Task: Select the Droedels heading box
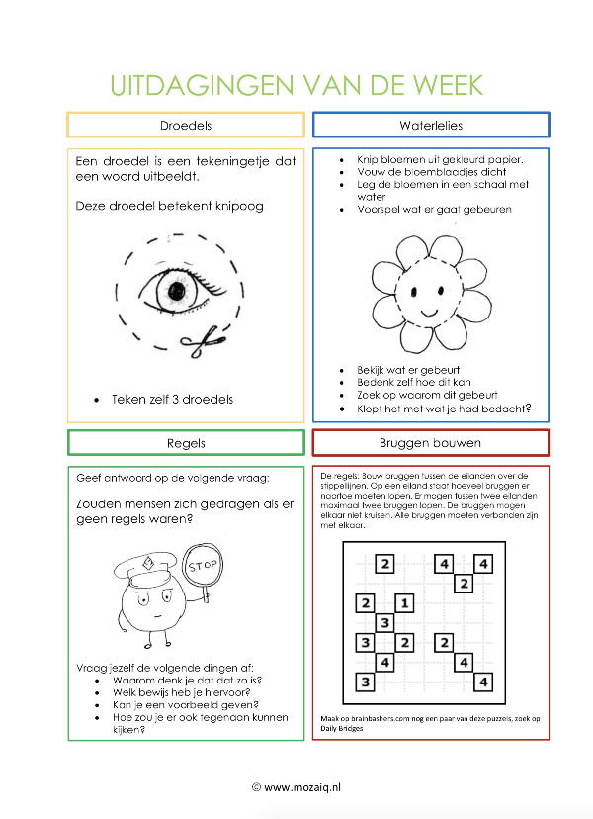click(x=186, y=125)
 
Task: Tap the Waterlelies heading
click(x=431, y=125)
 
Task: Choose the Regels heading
click(x=186, y=443)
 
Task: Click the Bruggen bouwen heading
click(x=430, y=443)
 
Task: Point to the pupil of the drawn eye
click(x=177, y=291)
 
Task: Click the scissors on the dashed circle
click(x=203, y=341)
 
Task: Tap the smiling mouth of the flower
click(x=429, y=313)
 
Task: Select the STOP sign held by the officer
click(x=203, y=566)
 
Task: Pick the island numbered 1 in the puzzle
click(x=404, y=603)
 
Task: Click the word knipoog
click(x=239, y=207)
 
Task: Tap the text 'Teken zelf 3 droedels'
click(x=172, y=399)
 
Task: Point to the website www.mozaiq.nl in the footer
click(x=302, y=787)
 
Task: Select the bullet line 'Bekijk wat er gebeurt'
click(x=408, y=370)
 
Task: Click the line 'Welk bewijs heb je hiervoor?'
click(x=182, y=692)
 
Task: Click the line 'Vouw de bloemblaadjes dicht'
click(x=431, y=172)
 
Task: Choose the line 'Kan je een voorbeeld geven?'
click(x=186, y=705)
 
